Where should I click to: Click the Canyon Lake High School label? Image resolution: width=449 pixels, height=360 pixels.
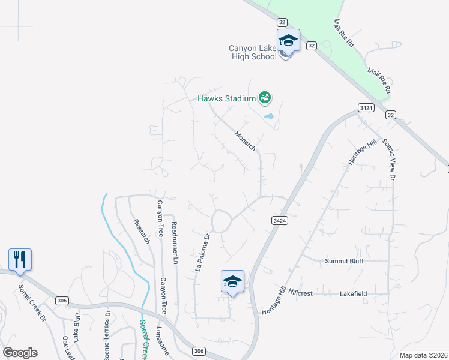(253, 52)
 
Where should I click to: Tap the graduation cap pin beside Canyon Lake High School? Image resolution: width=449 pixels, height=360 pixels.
(288, 41)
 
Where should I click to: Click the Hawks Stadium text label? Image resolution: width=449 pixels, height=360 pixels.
(228, 98)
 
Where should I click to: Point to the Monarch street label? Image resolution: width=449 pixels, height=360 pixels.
(245, 141)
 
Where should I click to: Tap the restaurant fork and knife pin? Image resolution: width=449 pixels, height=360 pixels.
(20, 260)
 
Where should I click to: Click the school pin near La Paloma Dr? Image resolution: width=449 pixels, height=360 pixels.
(233, 281)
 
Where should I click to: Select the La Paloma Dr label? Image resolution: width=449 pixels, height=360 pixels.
(202, 253)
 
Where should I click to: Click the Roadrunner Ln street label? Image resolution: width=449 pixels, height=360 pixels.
(174, 243)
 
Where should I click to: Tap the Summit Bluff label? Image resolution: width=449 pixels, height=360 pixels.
(344, 261)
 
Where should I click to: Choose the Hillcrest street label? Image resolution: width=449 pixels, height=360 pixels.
(300, 293)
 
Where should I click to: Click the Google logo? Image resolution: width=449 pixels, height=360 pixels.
(20, 353)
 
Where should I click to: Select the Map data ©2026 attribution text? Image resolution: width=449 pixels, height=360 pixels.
(423, 355)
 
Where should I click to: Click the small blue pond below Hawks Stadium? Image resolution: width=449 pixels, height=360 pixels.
(268, 116)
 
